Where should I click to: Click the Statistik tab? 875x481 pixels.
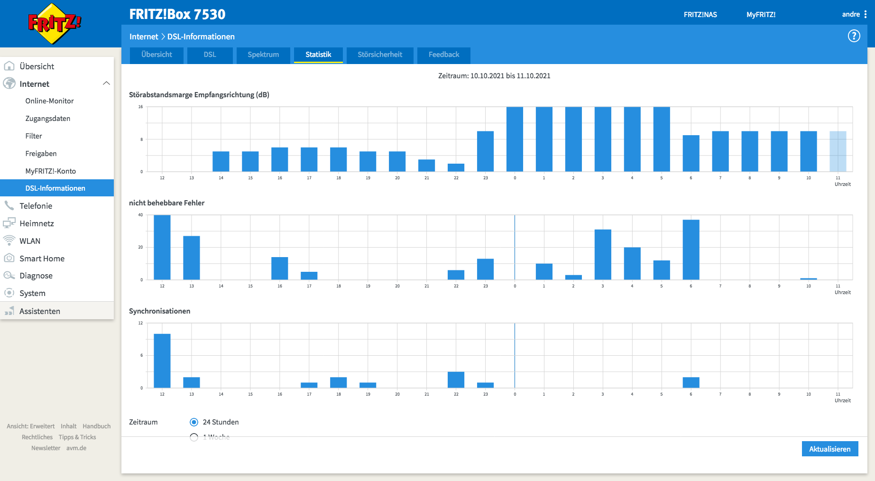tap(318, 55)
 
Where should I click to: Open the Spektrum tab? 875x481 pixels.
tap(263, 55)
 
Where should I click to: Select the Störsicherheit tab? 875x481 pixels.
tap(380, 55)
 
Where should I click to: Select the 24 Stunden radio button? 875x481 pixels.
tap(194, 422)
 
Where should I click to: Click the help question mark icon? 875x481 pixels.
tap(854, 36)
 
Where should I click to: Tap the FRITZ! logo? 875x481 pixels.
tap(55, 24)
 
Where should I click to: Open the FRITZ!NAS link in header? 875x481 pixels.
tap(700, 15)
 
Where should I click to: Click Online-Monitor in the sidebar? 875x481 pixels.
tap(50, 101)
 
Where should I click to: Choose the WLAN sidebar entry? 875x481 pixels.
tap(30, 241)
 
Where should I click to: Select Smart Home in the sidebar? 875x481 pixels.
tap(42, 259)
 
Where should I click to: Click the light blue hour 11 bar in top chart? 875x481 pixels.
tap(838, 151)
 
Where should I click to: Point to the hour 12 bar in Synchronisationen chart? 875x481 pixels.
tap(162, 361)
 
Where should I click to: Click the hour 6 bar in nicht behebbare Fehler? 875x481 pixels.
tap(691, 250)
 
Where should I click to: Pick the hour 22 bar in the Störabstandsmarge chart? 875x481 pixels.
tap(456, 168)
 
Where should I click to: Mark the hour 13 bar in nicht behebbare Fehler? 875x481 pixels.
tap(192, 258)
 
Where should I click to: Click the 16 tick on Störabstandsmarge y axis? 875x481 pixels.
tap(140, 107)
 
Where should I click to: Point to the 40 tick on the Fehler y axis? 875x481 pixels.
tap(140, 215)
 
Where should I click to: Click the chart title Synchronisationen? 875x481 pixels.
tap(159, 311)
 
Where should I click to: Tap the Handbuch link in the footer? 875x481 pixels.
tap(96, 426)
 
